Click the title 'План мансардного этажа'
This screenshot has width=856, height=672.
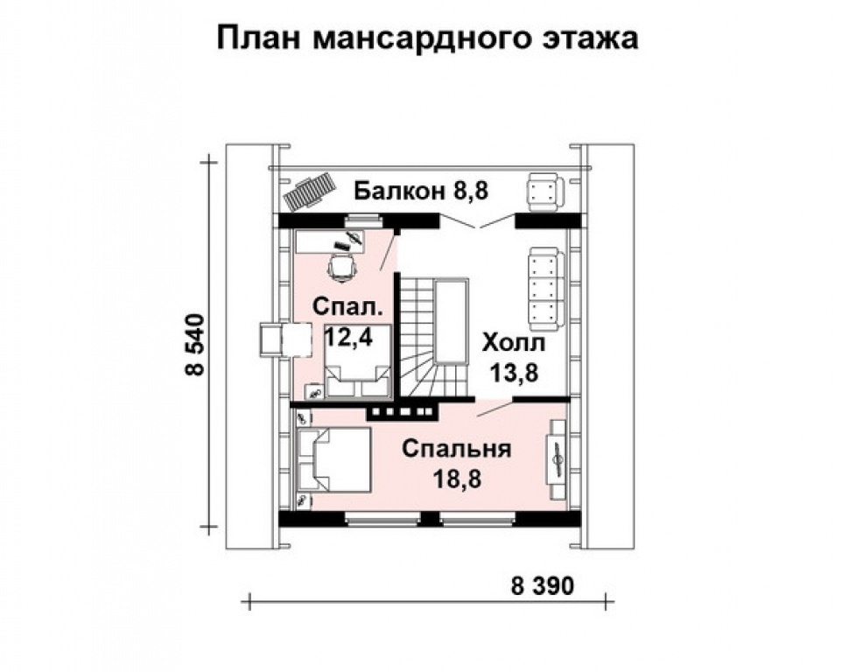[427, 38]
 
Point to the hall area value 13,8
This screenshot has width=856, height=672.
[513, 373]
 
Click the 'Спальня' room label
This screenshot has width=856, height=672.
[456, 449]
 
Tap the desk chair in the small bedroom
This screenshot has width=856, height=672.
[342, 263]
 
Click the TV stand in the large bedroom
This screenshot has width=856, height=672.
[558, 451]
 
